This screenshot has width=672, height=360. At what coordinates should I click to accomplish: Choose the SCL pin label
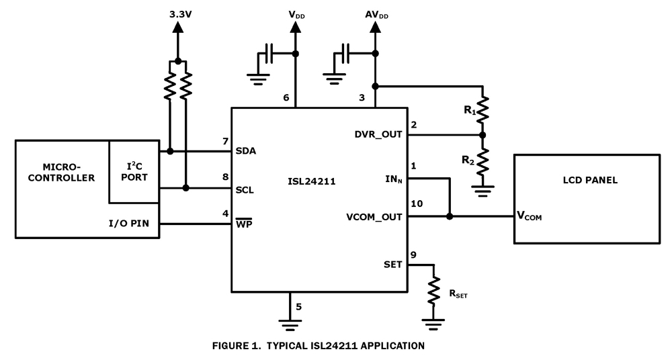pyautogui.click(x=244, y=189)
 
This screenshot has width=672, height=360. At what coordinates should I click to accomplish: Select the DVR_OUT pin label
pyautogui.click(x=379, y=134)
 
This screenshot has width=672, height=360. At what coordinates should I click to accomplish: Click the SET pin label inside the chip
pyautogui.click(x=392, y=265)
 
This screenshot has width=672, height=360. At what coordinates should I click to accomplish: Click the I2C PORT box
pyautogui.click(x=134, y=172)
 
